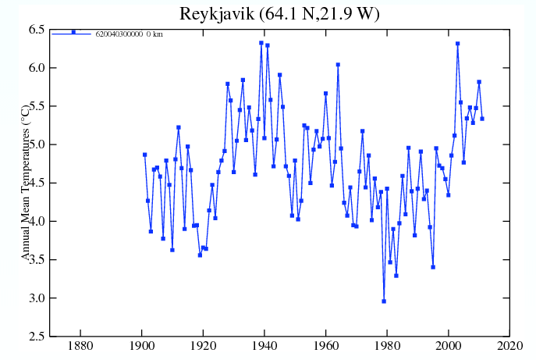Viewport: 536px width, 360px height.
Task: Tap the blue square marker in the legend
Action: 73,32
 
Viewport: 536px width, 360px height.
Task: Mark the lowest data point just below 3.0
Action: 384,301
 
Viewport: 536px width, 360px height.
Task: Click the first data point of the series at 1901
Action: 144,155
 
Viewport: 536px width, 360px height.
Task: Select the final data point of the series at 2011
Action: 482,119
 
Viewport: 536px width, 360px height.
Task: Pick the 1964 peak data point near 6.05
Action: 338,65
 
